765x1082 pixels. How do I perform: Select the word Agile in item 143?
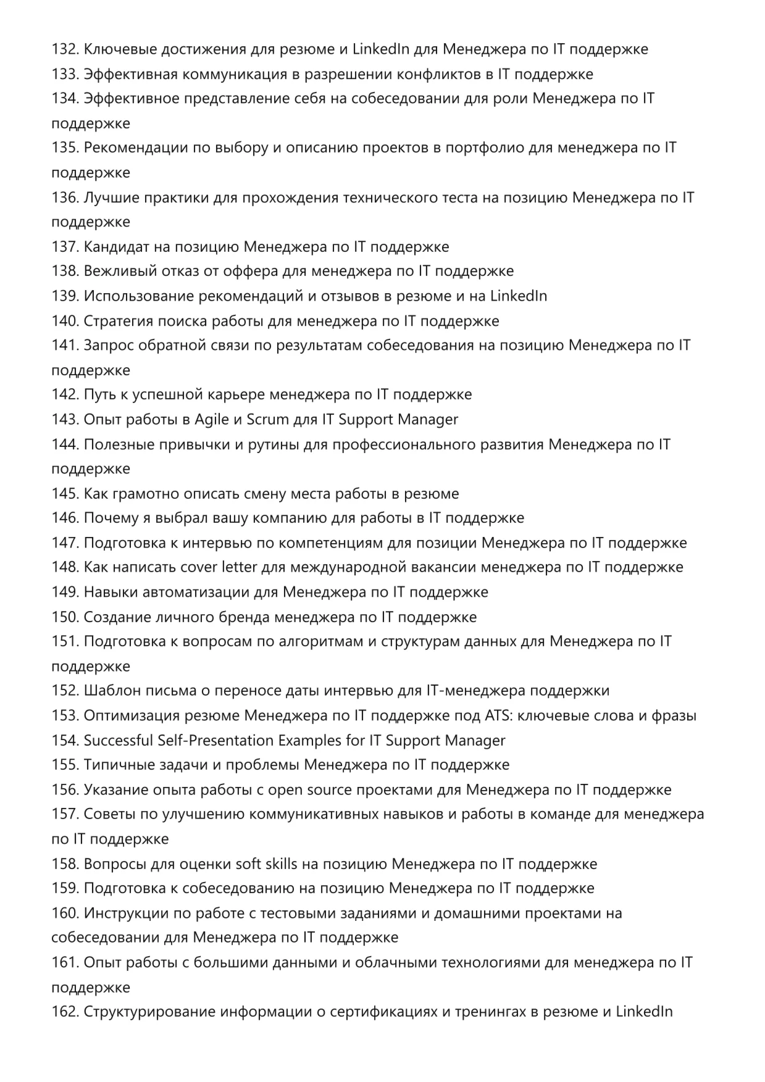point(211,420)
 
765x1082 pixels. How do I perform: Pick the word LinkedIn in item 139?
point(519,296)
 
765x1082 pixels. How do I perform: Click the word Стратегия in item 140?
point(118,321)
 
